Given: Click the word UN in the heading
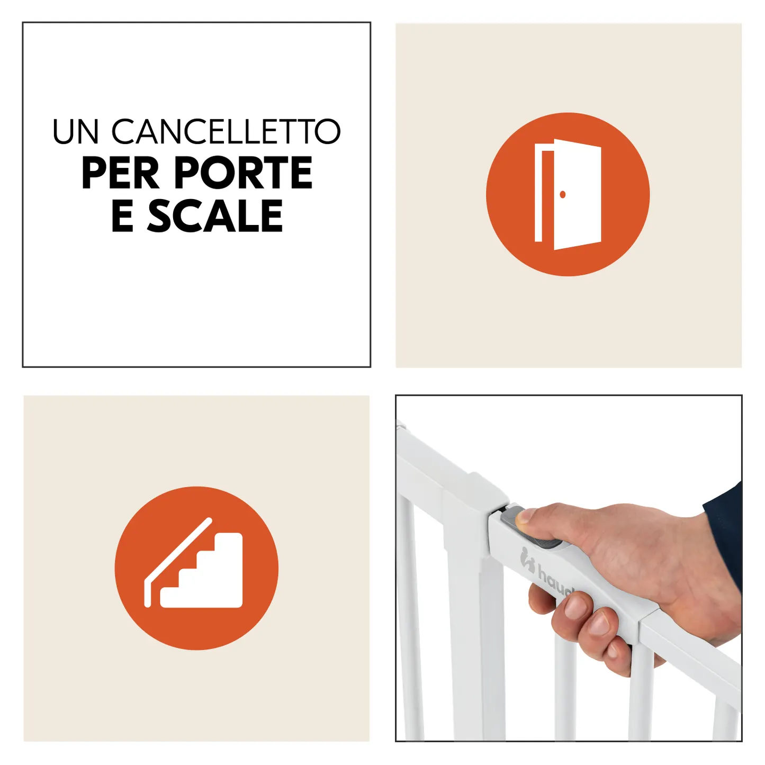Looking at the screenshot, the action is [75, 131].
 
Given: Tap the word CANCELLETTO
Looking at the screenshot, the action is [226, 131].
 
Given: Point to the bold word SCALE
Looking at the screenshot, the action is [215, 216].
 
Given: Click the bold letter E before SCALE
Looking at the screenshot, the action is [122, 216].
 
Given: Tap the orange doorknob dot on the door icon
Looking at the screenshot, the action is [562, 194].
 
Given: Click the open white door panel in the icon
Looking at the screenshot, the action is [577, 194].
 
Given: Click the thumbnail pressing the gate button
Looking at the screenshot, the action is [525, 517].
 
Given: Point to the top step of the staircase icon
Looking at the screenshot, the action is [228, 540].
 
